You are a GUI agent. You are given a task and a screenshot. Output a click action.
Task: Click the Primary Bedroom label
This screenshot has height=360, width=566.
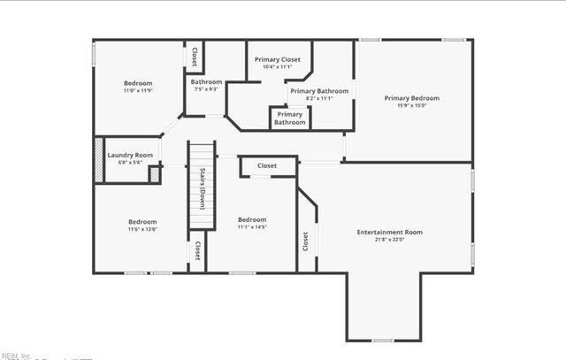coord(411,98)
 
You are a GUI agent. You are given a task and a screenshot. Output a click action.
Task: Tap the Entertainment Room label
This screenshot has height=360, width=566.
coord(389,232)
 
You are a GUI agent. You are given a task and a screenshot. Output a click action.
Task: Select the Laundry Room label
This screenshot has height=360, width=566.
coord(130,156)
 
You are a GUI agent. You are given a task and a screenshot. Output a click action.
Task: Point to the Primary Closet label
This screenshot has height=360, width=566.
coord(278,59)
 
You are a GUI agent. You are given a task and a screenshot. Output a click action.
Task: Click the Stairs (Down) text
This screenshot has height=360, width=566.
coord(203,186)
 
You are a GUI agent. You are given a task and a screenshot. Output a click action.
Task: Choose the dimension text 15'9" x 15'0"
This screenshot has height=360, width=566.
coord(411,106)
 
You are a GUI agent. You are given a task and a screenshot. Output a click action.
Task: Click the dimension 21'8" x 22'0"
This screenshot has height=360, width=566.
coord(389,240)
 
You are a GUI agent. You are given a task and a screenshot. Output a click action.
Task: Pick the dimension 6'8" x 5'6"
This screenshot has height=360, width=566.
coord(130,163)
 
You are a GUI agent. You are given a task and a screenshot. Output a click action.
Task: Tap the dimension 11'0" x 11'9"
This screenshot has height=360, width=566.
coord(138,90)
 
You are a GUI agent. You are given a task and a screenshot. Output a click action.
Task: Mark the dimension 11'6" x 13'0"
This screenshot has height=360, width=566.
coord(142,229)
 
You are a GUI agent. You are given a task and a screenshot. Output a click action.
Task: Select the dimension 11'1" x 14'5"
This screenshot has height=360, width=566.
coord(252,227)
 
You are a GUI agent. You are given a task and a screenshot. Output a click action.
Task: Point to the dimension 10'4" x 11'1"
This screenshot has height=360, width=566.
coord(278,67)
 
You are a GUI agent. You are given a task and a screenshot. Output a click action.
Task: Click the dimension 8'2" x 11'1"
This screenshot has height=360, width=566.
coord(319,98)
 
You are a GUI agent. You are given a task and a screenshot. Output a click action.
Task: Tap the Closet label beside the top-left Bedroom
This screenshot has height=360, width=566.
coord(194,56)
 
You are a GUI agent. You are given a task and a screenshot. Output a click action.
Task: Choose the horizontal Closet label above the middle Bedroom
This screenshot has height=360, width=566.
coord(267,165)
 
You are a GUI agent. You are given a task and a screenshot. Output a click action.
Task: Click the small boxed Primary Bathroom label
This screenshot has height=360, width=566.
coord(289,119)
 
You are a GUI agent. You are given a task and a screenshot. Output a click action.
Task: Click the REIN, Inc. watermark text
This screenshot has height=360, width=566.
coord(15,356)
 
